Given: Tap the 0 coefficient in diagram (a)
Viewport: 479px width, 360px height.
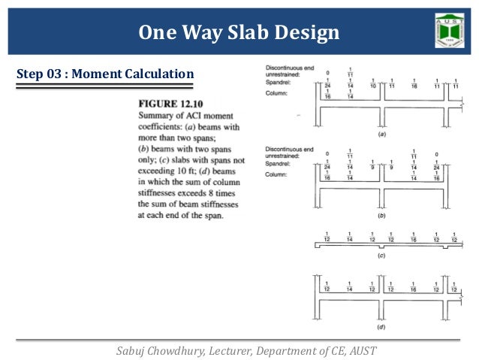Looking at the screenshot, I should click(x=327, y=73).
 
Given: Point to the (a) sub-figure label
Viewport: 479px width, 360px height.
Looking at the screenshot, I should click(x=382, y=135).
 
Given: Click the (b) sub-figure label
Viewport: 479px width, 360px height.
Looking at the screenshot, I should click(x=382, y=216).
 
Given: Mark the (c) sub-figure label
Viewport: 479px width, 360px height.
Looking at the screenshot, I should click(x=382, y=256).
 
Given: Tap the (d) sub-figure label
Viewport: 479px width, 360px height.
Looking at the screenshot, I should click(x=382, y=328).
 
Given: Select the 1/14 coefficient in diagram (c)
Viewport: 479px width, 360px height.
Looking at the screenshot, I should click(x=350, y=236).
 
